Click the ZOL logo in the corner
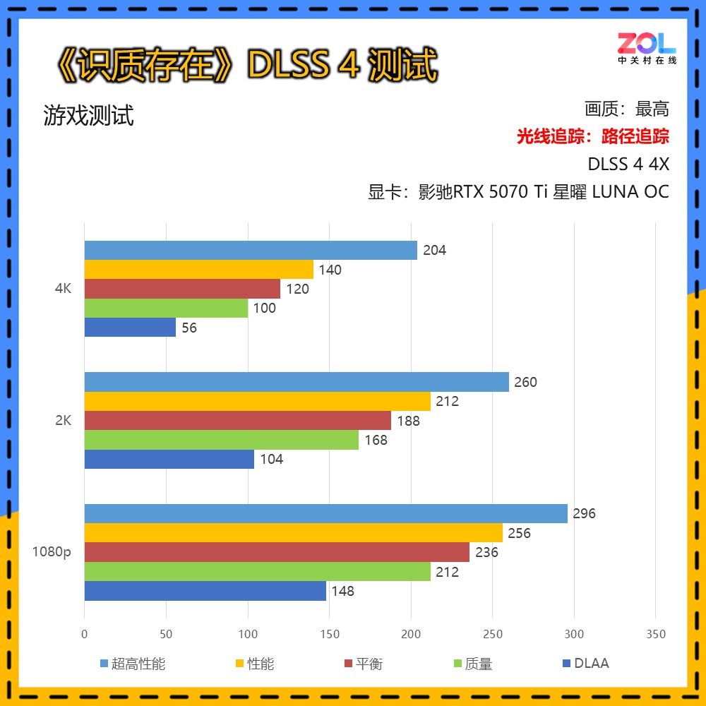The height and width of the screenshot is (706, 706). (647, 47)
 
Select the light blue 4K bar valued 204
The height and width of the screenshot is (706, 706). (251, 250)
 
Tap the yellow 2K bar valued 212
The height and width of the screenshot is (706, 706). (258, 401)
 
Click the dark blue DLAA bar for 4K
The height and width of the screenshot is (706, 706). (130, 328)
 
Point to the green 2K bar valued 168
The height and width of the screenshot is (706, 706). (222, 440)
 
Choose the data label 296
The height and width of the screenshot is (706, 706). (584, 513)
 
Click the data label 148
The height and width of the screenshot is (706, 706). (342, 591)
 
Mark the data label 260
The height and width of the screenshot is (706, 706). (525, 382)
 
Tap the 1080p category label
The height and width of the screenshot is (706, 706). (52, 552)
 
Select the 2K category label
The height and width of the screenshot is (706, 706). (62, 421)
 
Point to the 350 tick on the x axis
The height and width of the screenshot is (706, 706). (656, 634)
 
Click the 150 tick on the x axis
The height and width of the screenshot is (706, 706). (329, 634)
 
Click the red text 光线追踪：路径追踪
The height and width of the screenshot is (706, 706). (592, 136)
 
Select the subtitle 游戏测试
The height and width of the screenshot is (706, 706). (88, 116)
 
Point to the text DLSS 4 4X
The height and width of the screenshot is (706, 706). (628, 164)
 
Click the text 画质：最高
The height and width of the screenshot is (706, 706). (626, 109)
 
